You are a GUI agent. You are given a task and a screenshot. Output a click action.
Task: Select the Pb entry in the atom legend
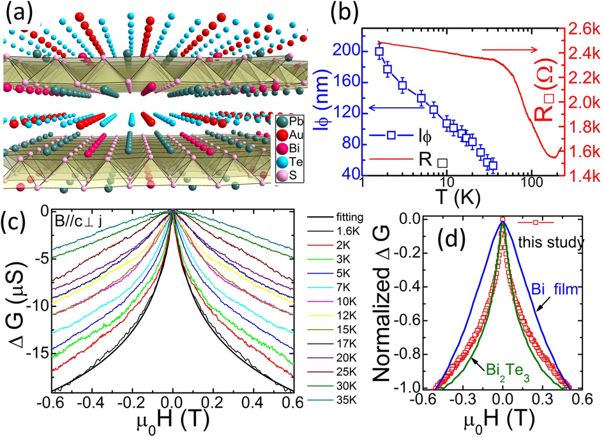pyautogui.click(x=295, y=121)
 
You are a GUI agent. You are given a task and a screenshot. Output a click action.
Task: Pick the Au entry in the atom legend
pyautogui.click(x=295, y=135)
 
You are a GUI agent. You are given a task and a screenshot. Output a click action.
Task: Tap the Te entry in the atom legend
pyautogui.click(x=295, y=162)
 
